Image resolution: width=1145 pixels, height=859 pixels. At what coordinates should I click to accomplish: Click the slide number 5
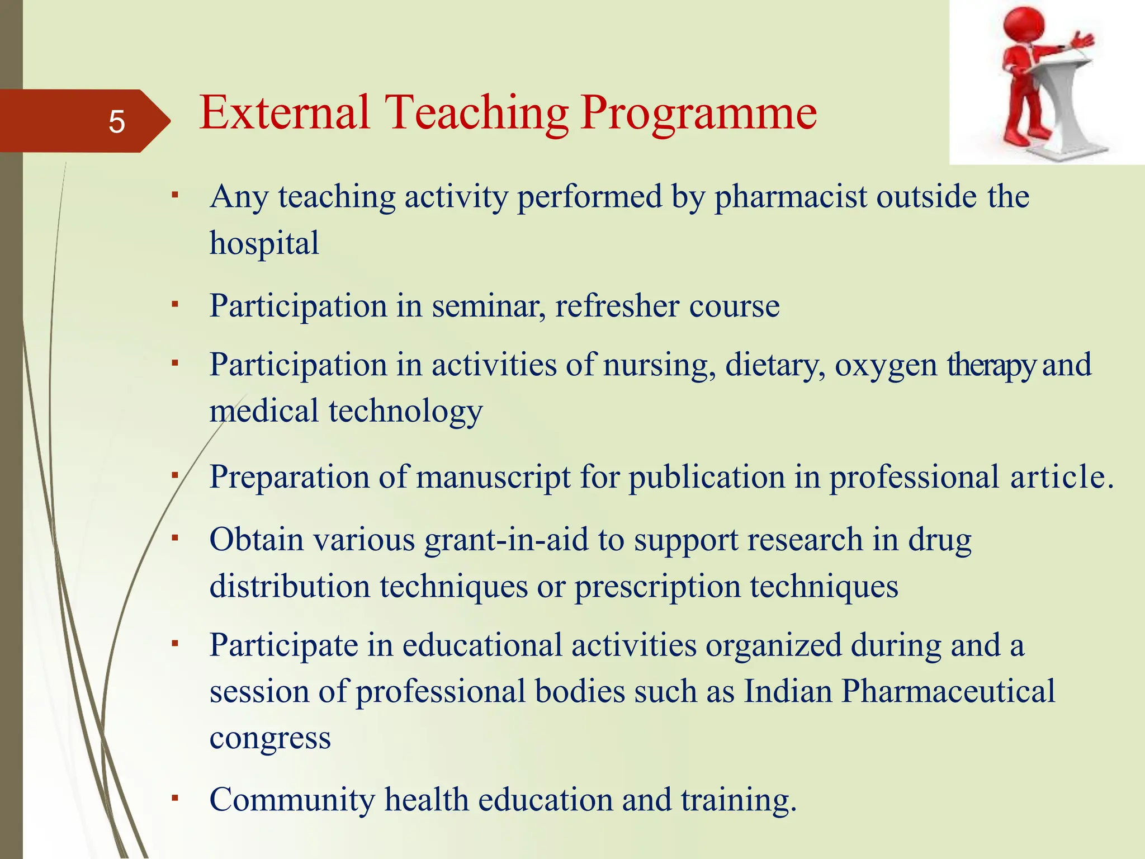pyautogui.click(x=116, y=122)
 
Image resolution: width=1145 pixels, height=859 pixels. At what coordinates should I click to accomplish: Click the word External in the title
pyautogui.click(x=284, y=113)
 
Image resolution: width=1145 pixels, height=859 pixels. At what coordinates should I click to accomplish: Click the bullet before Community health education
pyautogui.click(x=175, y=797)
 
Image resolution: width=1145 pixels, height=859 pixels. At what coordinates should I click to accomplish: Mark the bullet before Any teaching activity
pyautogui.click(x=175, y=195)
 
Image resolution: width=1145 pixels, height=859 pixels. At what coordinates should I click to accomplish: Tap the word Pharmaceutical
pyautogui.click(x=948, y=691)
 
